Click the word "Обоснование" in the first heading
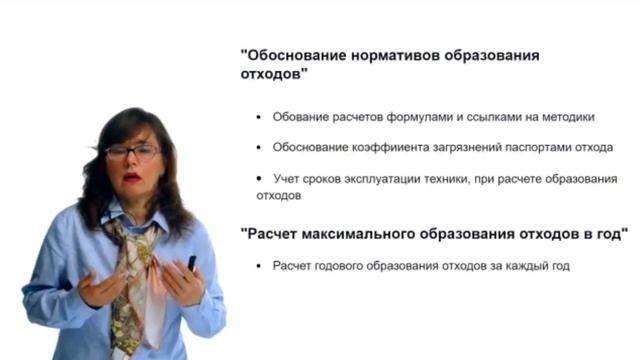click(290, 56)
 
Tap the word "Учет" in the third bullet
click(288, 179)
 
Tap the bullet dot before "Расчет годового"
click(260, 267)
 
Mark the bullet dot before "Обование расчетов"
click(260, 118)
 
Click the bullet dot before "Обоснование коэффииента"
click(260, 148)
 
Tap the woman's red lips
click(132, 178)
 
